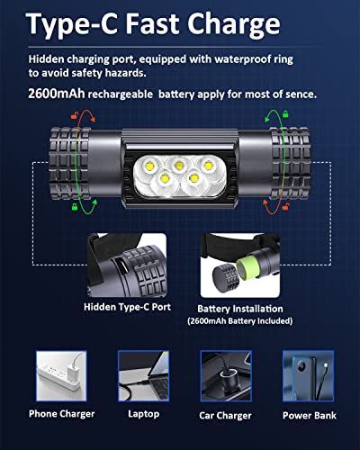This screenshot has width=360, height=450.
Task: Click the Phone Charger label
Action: point(62,416)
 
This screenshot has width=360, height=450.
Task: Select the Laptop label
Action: point(143,416)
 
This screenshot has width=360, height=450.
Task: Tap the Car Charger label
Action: point(224,417)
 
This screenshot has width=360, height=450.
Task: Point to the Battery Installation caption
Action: point(233,307)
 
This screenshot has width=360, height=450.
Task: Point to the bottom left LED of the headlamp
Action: point(164,178)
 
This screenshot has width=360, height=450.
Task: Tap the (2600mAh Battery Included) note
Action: point(233,320)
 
